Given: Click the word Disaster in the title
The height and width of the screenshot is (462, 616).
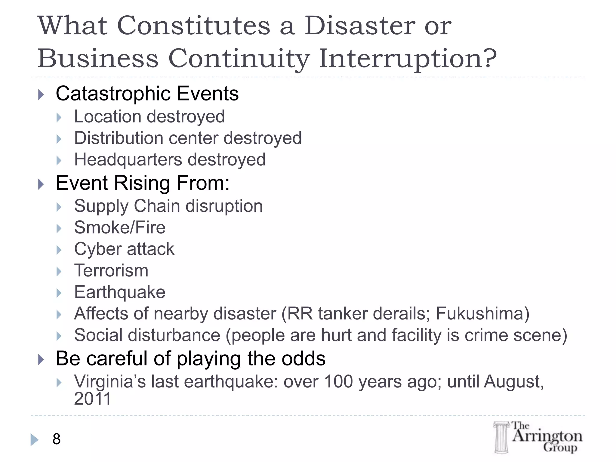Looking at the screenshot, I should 360,26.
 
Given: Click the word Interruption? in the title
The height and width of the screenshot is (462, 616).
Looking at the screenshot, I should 408,58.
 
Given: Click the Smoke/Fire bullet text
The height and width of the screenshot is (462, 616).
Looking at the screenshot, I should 120,227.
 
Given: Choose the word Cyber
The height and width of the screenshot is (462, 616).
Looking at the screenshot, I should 97,249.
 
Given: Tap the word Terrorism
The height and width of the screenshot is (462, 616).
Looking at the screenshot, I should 111,270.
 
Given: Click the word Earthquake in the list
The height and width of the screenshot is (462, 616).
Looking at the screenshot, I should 120,292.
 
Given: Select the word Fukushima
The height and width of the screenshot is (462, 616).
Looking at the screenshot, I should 479,314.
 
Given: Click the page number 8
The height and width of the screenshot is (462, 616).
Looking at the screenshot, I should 57,439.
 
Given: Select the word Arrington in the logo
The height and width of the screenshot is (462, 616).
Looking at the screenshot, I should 547,436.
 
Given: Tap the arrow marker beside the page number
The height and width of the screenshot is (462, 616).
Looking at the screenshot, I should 34,440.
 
